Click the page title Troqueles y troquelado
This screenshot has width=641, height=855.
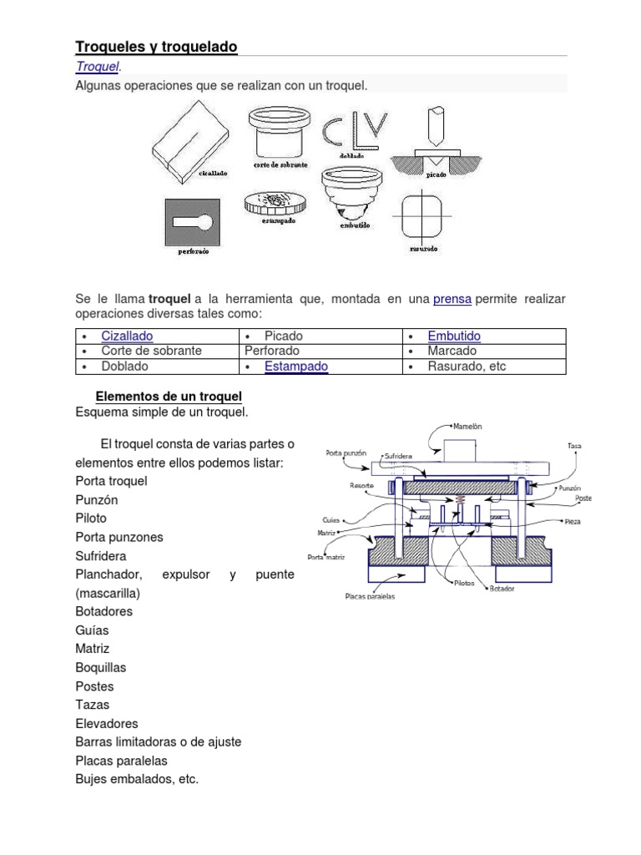coord(156,48)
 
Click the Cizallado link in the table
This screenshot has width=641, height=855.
coord(127,336)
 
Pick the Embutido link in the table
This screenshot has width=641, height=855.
coord(454,336)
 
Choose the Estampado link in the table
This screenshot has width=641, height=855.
coord(295,366)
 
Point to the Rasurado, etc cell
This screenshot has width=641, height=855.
coord(467,366)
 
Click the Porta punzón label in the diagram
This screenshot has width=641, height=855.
coord(345,453)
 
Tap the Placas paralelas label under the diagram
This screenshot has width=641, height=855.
coord(370,596)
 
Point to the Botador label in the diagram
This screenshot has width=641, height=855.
coord(502,588)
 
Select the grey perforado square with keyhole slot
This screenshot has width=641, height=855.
coord(192,221)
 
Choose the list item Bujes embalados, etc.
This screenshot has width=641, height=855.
coord(137,779)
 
